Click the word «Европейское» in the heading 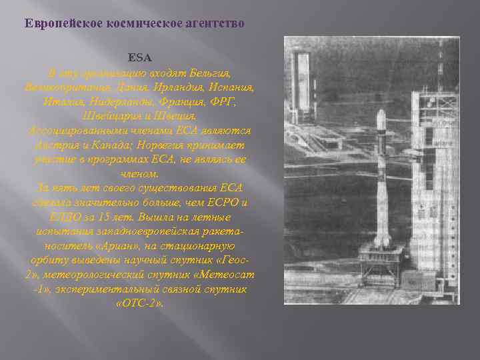pyautogui.click(x=56, y=23)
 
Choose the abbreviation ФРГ pyautogui.click(x=227, y=101)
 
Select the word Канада pyautogui.click(x=120, y=145)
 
